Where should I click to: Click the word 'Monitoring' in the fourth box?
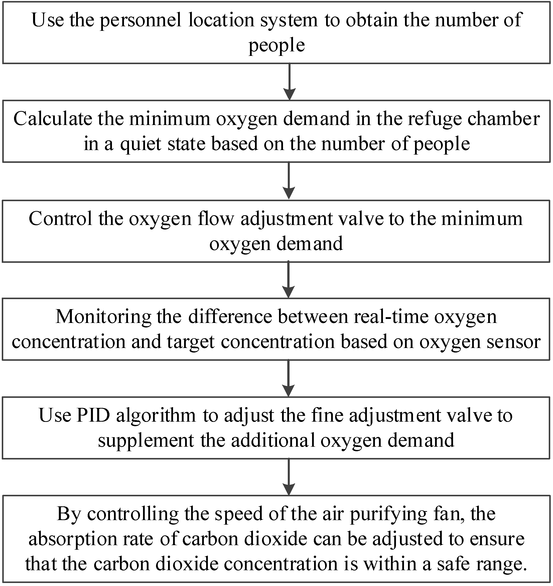coord(103,317)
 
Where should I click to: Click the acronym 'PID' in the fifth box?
coord(93,416)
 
